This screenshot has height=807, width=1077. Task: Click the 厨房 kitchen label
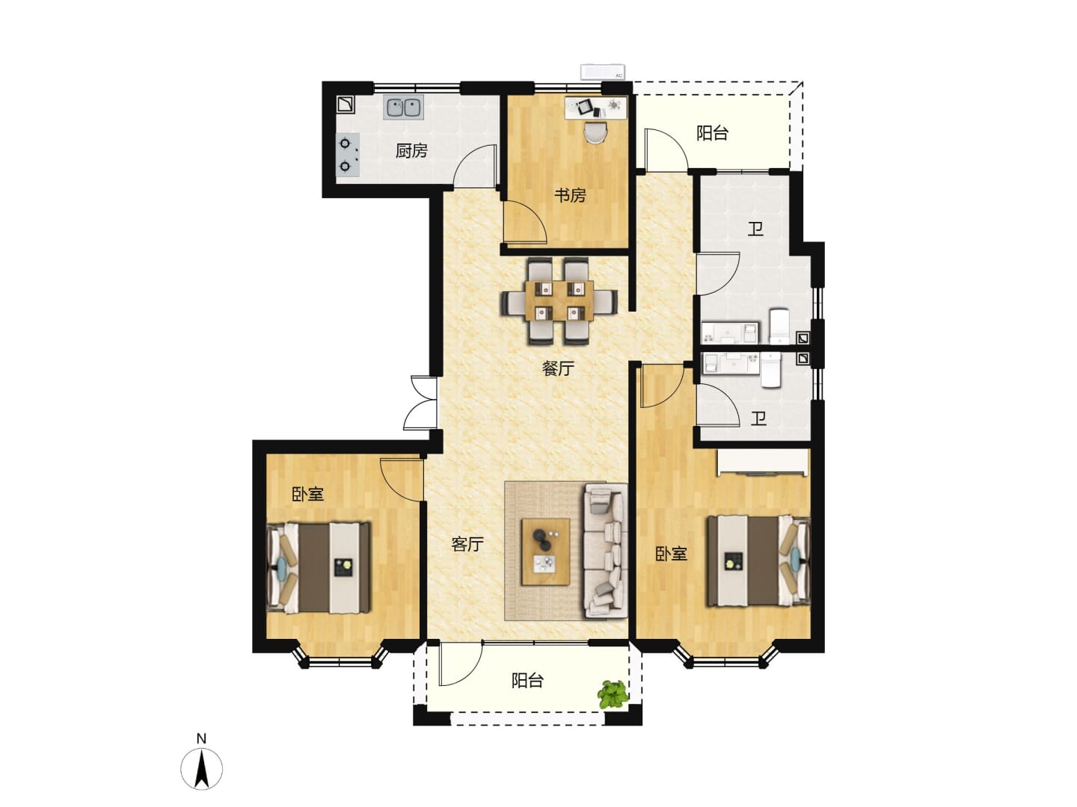tap(411, 151)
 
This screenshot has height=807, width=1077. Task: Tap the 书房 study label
tap(570, 196)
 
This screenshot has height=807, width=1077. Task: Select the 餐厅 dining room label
tap(558, 368)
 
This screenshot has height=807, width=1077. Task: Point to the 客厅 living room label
tap(467, 544)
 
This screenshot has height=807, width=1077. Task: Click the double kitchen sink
tap(404, 108)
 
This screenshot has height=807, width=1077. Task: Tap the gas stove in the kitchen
tap(347, 155)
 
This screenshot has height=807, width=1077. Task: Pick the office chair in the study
tap(596, 132)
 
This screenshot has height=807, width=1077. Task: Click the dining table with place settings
tap(559, 300)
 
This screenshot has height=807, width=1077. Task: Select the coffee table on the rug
tap(546, 551)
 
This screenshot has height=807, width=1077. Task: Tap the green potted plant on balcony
tap(613, 694)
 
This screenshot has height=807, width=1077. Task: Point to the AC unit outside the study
tap(603, 72)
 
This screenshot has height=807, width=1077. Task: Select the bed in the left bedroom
tap(319, 567)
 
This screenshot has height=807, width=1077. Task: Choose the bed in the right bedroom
tap(758, 561)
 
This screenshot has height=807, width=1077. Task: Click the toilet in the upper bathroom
tap(779, 327)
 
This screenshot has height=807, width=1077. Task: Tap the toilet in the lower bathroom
tap(772, 371)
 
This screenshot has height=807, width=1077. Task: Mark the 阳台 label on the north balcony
tap(713, 133)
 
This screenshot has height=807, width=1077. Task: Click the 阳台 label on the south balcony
tap(527, 681)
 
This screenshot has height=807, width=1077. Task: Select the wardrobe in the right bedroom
tap(762, 462)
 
